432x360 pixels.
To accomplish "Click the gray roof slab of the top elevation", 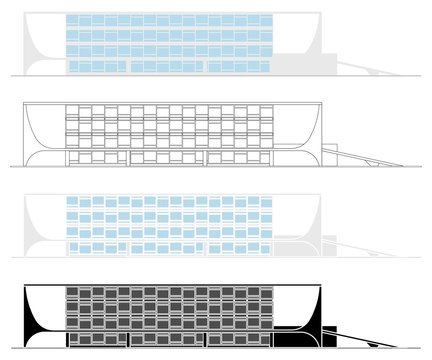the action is (x=170, y=11).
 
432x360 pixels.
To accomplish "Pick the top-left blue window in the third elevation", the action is (x=72, y=203).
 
